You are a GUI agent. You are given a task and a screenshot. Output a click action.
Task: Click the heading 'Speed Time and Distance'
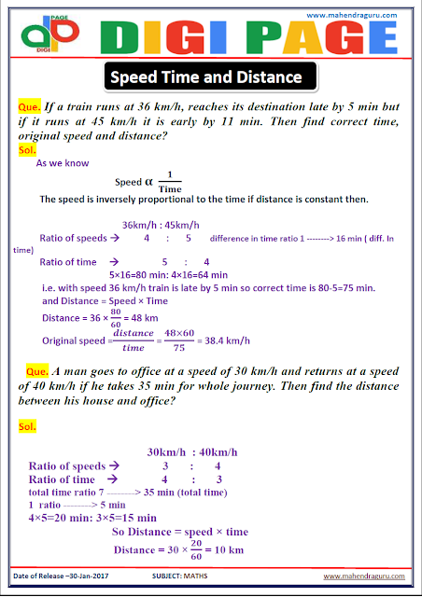click(x=208, y=76)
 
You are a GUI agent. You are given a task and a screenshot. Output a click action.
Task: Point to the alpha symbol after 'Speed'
click(x=148, y=181)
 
